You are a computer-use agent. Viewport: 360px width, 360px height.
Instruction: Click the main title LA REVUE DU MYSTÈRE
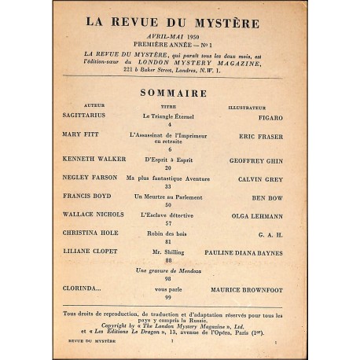[x=179, y=24]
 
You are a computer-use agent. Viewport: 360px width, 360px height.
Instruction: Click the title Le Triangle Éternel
[x=169, y=115]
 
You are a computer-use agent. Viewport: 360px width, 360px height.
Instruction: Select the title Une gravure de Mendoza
[x=170, y=271]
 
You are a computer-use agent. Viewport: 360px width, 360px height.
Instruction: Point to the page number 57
[x=169, y=224]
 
